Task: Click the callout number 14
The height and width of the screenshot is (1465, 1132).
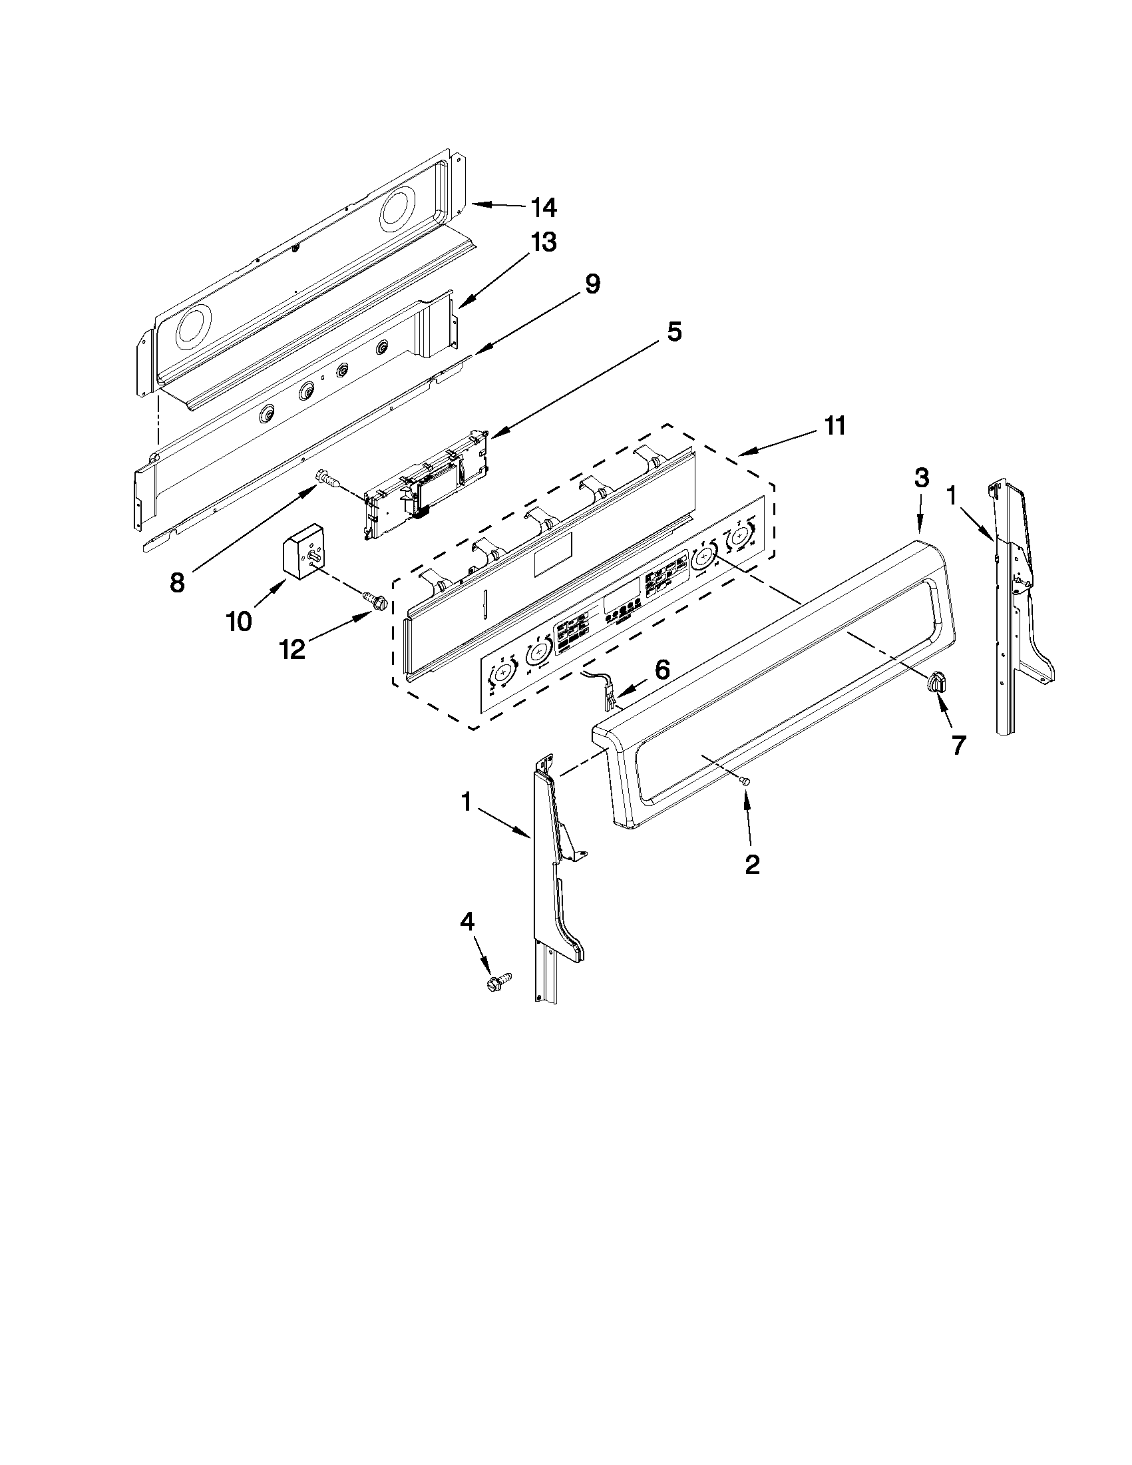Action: tap(543, 208)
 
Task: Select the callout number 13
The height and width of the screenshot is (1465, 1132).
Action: tap(543, 243)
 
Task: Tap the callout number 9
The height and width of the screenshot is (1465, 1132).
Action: tap(592, 284)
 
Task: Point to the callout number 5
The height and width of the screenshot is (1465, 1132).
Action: tap(673, 331)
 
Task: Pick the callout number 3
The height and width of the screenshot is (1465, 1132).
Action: tap(922, 479)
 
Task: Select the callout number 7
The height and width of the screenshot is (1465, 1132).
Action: tap(958, 745)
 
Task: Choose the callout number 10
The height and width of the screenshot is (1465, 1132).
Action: tap(240, 622)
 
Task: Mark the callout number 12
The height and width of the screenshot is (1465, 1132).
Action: tap(293, 649)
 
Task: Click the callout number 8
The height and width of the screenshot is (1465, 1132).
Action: tap(176, 582)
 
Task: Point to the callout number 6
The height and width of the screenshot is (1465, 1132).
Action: tap(661, 670)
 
